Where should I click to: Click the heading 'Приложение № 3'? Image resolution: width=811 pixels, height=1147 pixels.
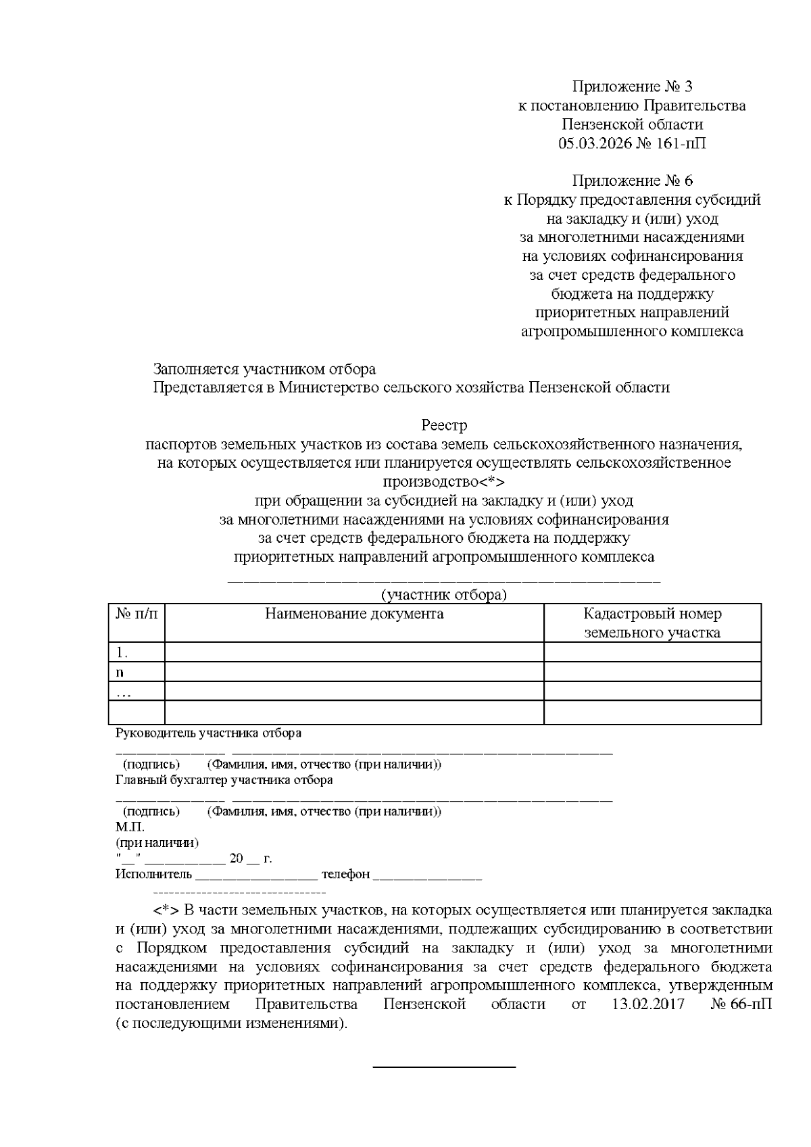point(632,87)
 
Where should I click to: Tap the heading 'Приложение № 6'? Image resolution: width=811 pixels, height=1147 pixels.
point(632,181)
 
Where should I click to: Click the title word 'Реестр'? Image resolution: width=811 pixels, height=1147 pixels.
point(444,426)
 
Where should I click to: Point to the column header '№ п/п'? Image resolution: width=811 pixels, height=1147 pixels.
point(137,614)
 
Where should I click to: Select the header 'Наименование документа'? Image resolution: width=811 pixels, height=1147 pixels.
point(354,614)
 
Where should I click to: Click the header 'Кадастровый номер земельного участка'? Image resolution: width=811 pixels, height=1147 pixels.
point(652,623)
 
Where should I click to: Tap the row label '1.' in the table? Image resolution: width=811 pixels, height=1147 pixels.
point(122,652)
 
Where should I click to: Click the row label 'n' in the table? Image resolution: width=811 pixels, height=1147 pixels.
point(120,673)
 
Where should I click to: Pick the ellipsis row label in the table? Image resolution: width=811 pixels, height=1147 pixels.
point(124,692)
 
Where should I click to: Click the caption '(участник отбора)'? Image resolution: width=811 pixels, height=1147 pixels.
point(443,595)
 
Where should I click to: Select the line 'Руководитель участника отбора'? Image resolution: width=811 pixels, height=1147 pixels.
point(209,733)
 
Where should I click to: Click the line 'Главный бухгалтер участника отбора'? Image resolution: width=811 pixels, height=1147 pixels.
point(224,780)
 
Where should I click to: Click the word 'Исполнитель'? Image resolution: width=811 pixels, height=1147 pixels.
point(154,875)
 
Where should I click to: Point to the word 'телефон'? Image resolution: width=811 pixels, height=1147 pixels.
point(345,875)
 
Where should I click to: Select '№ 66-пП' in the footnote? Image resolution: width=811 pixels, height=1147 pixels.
point(741,1004)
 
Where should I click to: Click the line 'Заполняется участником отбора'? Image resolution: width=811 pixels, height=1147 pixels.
point(264,369)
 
